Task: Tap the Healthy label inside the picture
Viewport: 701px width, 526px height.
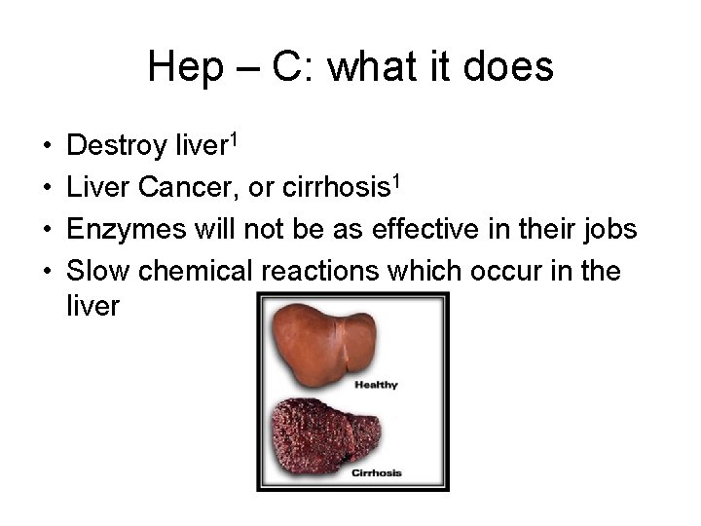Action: (376, 385)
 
